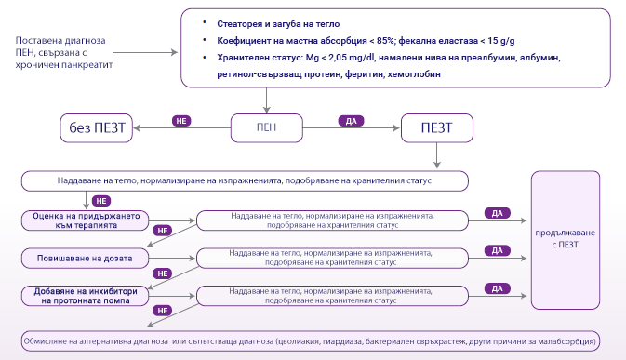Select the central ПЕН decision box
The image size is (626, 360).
[267, 126]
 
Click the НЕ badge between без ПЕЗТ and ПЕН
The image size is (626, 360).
[181, 120]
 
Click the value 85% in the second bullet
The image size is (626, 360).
[392, 40]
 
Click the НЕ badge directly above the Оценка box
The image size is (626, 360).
[102, 200]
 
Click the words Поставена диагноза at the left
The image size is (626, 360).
[60, 42]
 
